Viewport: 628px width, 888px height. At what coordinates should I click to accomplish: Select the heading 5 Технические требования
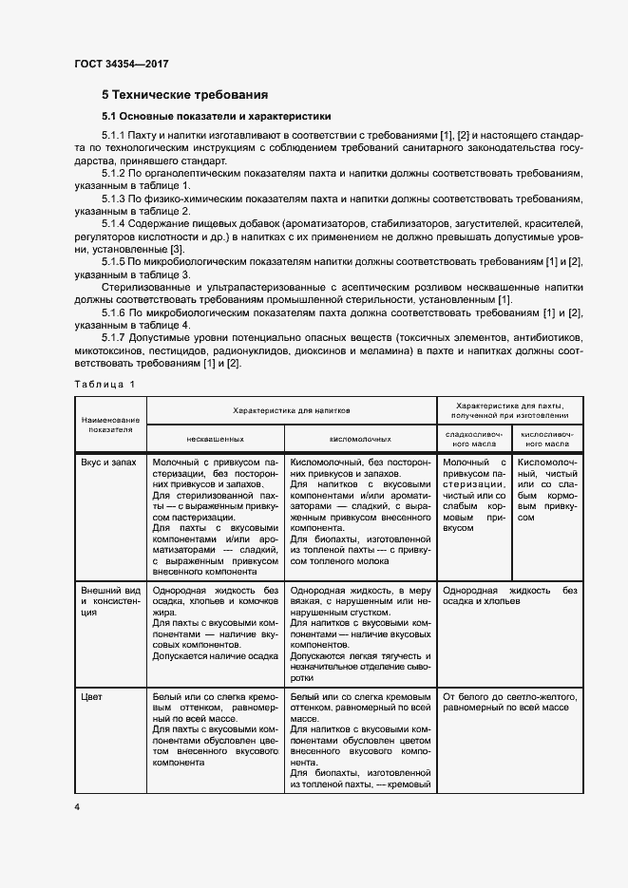[x=184, y=94]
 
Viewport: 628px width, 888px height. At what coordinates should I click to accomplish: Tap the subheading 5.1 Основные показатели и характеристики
[x=216, y=116]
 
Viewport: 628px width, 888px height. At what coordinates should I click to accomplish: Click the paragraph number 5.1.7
[x=113, y=338]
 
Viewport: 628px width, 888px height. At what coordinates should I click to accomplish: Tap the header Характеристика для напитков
[x=292, y=409]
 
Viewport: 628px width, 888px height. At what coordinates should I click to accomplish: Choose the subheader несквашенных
[x=216, y=439]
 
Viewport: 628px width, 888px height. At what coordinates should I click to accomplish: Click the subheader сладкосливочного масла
[x=472, y=439]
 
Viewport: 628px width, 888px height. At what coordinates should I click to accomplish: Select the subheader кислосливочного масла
[x=546, y=439]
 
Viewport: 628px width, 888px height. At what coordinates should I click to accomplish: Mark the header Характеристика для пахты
[x=510, y=409]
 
